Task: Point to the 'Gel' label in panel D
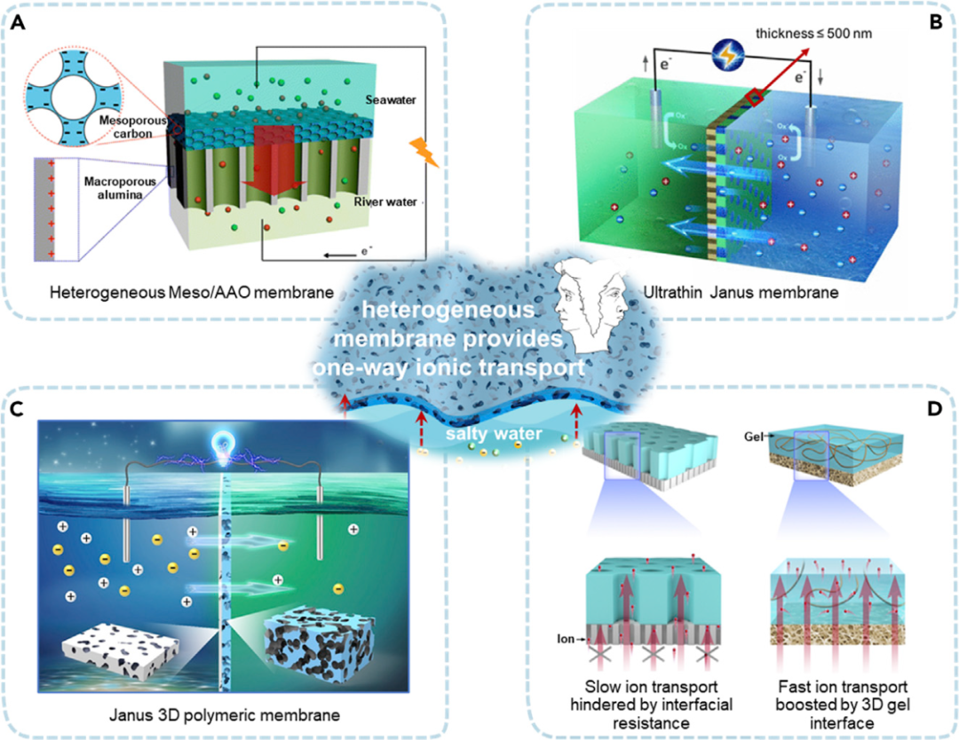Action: pyautogui.click(x=751, y=436)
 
